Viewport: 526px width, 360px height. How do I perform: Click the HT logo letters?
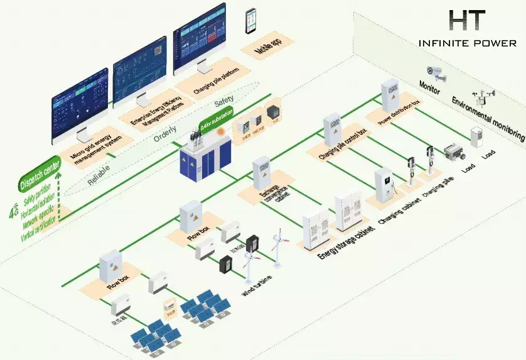tap(468, 21)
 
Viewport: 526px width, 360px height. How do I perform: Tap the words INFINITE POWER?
tap(468, 43)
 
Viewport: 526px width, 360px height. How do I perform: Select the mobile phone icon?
tap(251, 21)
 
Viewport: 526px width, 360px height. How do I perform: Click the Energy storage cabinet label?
tap(347, 242)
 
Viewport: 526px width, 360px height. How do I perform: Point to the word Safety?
tap(225, 100)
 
